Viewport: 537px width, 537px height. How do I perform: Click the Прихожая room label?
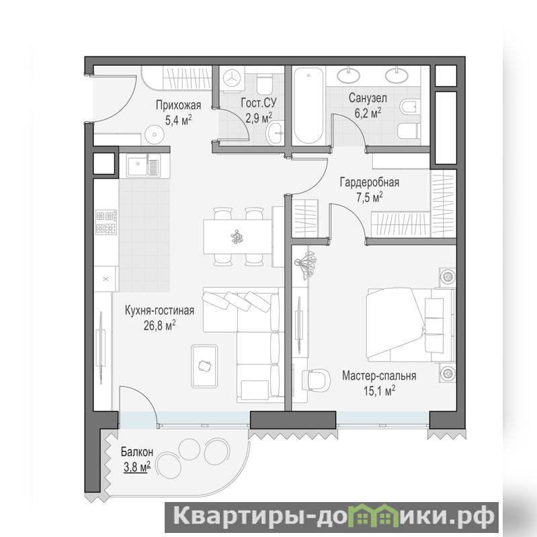[178, 105]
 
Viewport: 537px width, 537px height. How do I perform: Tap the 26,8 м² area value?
[159, 325]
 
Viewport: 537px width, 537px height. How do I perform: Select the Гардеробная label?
[370, 182]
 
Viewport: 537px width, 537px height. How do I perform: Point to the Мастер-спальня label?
[379, 376]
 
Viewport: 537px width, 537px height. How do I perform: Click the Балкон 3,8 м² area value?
[137, 466]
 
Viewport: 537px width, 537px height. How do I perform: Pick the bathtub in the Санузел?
[308, 106]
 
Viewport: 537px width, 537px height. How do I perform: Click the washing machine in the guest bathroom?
[232, 79]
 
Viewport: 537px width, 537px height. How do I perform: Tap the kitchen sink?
[144, 165]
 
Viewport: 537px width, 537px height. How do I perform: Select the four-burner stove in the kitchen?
[106, 222]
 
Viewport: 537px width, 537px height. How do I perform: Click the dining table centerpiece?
[237, 237]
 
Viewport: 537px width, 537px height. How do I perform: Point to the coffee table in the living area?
[204, 366]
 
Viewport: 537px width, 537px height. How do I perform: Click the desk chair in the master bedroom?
[317, 380]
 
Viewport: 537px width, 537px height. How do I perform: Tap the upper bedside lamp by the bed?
[447, 276]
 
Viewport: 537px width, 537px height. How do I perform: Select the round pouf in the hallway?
[155, 134]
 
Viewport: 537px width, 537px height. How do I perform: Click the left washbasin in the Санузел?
[349, 75]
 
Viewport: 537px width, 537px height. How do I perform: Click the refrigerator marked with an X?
[106, 279]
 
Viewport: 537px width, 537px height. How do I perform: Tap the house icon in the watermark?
[378, 515]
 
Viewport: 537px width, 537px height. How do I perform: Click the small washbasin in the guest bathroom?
[275, 133]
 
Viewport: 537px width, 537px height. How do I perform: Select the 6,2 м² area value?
[368, 113]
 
